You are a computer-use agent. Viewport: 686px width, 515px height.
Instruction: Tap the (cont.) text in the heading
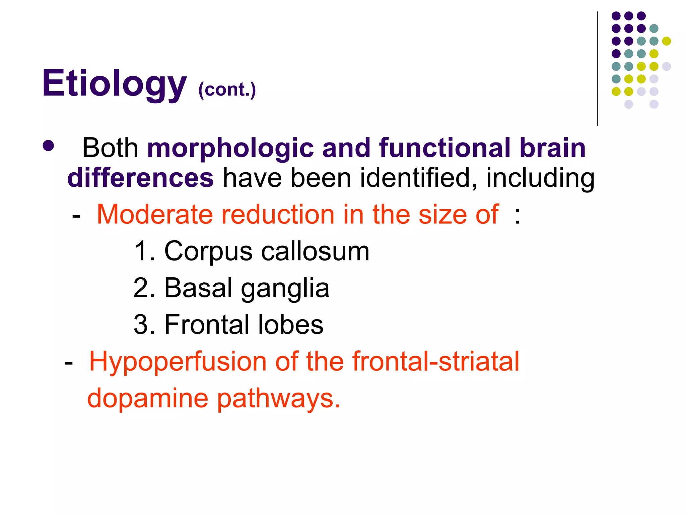coord(227,90)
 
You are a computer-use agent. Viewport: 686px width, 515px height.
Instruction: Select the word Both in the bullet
coord(110,148)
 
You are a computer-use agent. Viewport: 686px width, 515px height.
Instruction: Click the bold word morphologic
coord(230,148)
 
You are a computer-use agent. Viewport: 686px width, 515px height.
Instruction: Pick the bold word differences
coord(140,178)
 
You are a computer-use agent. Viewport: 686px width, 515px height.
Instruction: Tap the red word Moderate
coord(154,215)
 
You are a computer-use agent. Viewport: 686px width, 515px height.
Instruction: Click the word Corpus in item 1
coord(208,251)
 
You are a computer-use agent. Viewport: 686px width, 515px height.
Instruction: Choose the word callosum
coord(315,251)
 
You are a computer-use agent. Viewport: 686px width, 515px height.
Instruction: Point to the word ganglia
coord(285,288)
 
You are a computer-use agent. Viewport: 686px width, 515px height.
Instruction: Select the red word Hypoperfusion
coord(178,361)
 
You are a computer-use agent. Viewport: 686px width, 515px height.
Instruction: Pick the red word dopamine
coord(148,398)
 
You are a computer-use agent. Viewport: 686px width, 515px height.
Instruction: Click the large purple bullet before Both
coord(49,146)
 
